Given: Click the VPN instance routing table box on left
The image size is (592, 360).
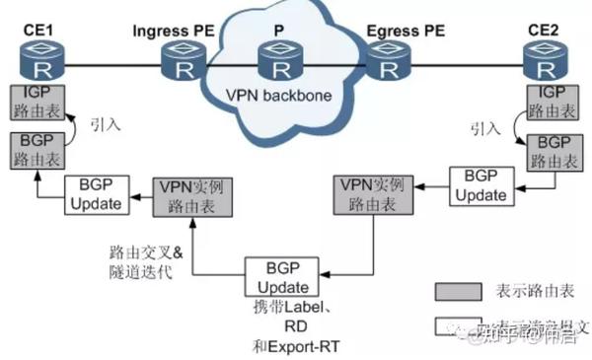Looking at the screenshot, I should tap(192, 195).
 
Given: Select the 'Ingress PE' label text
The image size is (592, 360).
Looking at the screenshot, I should tap(175, 30).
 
